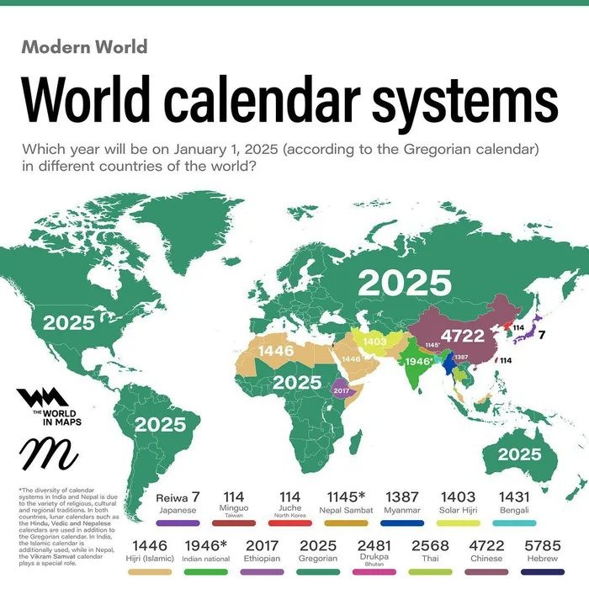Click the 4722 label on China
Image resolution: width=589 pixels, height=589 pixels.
point(462,336)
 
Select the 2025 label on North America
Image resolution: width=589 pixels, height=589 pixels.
point(69,322)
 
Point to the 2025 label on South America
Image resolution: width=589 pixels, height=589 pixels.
point(160,425)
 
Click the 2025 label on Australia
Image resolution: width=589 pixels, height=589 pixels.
point(519,454)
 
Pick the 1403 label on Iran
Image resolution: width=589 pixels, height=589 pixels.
point(374,342)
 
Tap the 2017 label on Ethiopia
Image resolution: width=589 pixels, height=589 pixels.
point(341,390)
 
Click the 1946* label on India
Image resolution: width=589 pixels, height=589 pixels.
point(418,362)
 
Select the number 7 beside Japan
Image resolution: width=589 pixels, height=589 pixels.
point(543,335)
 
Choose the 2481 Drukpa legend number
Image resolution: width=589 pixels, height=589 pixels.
point(374,545)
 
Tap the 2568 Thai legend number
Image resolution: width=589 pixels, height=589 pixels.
point(430,545)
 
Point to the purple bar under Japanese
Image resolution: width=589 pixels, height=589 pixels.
point(178,523)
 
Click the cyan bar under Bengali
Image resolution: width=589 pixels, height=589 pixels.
point(515,523)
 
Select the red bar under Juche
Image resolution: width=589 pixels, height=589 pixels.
point(289,523)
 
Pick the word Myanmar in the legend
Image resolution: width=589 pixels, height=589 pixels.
point(402,509)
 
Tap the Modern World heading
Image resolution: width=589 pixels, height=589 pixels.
point(84,46)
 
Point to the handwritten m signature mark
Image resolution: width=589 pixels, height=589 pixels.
point(48,454)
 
